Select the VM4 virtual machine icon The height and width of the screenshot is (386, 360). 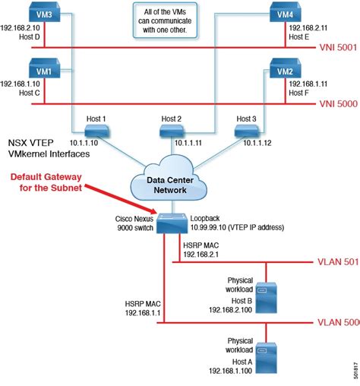pos(286,13)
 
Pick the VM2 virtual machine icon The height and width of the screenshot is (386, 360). pos(286,69)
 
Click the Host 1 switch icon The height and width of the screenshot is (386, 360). pos(97,132)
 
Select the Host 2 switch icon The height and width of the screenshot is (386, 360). pos(172,132)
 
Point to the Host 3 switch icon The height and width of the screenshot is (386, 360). pos(245,132)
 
